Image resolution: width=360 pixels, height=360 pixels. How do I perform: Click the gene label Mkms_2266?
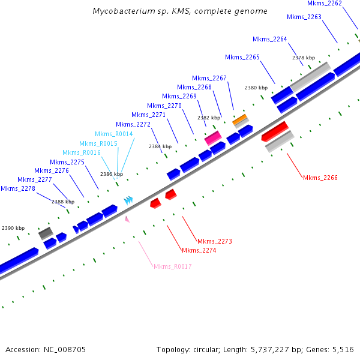[x=320, y=178]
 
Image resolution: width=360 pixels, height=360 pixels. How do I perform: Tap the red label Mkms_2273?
[x=214, y=241]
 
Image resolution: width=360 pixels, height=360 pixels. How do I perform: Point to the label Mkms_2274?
[x=199, y=250]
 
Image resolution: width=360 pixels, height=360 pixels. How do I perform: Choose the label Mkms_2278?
[x=17, y=188]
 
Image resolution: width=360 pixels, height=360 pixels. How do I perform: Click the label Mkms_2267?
[x=209, y=78]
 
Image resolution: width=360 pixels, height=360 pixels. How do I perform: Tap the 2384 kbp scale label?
[x=160, y=146]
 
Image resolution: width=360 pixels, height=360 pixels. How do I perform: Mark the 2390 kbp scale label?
[x=13, y=228]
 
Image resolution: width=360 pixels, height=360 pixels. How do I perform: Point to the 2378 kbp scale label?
[x=304, y=58]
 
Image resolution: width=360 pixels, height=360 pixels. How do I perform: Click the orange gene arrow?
[x=240, y=119]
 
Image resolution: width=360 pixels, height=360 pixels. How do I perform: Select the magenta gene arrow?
[x=213, y=138]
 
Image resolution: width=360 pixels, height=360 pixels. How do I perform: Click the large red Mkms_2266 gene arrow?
[x=275, y=130]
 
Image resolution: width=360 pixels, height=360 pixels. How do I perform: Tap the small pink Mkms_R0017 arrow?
[x=127, y=219]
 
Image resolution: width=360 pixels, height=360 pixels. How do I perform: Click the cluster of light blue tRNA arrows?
[x=128, y=200]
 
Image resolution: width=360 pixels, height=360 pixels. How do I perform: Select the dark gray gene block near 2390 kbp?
[x=46, y=233]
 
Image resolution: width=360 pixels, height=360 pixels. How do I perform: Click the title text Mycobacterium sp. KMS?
[x=181, y=11]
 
